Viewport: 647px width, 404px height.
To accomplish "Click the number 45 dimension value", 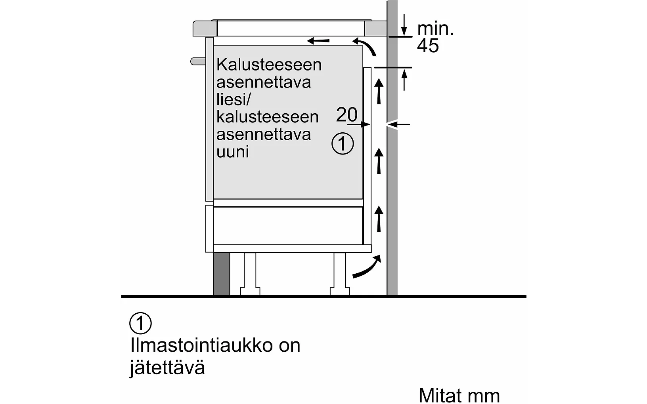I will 428,46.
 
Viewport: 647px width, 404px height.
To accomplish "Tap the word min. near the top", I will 435,29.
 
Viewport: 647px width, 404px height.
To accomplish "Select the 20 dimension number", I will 346,115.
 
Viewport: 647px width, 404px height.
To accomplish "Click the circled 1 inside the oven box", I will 343,144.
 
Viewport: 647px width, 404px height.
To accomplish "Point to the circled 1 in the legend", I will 140,324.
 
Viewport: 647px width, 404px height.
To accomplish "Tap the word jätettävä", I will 167,368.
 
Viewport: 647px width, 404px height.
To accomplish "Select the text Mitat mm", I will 459,395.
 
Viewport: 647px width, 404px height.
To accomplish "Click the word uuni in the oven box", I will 233,152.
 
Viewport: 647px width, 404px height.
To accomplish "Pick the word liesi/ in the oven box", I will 234,99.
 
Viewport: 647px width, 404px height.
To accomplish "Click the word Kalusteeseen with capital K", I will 269,64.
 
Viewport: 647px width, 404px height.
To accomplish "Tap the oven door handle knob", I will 197,61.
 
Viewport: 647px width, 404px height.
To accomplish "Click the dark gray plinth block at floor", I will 221,274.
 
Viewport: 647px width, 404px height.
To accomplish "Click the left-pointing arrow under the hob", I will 318,40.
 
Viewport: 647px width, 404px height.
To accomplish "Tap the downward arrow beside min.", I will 404,25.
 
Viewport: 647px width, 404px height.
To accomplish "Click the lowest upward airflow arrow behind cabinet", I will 379,219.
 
